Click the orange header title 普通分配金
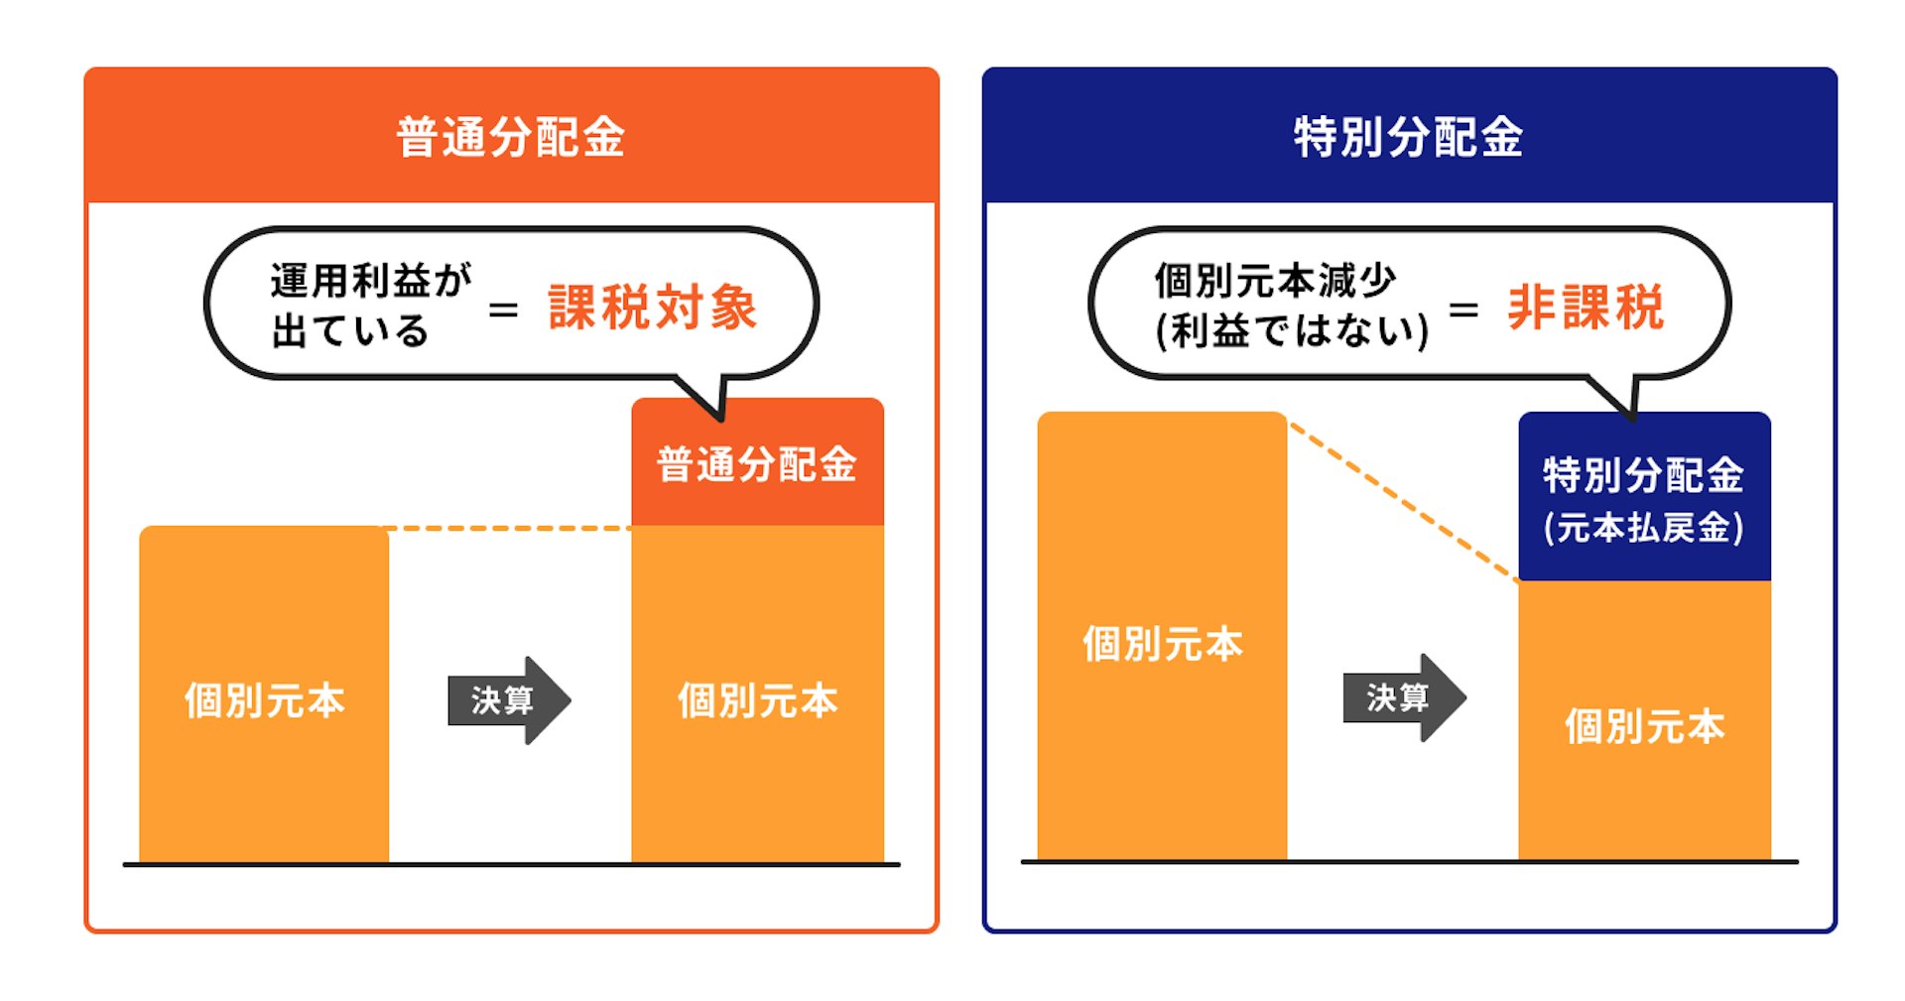click(x=510, y=137)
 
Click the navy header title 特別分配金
click(x=1408, y=137)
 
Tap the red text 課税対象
click(x=653, y=307)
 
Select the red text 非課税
click(x=1586, y=307)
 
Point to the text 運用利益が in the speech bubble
click(x=371, y=280)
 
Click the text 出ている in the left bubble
click(x=349, y=330)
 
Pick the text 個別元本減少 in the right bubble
click(x=1275, y=281)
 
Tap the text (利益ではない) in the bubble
click(x=1292, y=330)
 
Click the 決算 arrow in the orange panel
click(x=509, y=700)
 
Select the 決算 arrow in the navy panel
click(x=1404, y=697)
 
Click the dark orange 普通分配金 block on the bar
click(x=757, y=462)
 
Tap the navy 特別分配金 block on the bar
click(x=1644, y=497)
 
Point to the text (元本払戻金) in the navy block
click(x=1643, y=528)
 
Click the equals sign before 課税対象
click(x=503, y=311)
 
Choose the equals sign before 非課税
click(x=1463, y=311)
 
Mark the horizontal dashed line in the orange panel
click(x=510, y=529)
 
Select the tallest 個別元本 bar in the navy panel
click(x=1162, y=636)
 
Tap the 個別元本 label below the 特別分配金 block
click(x=1644, y=726)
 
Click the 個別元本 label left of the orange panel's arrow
click(x=264, y=700)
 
